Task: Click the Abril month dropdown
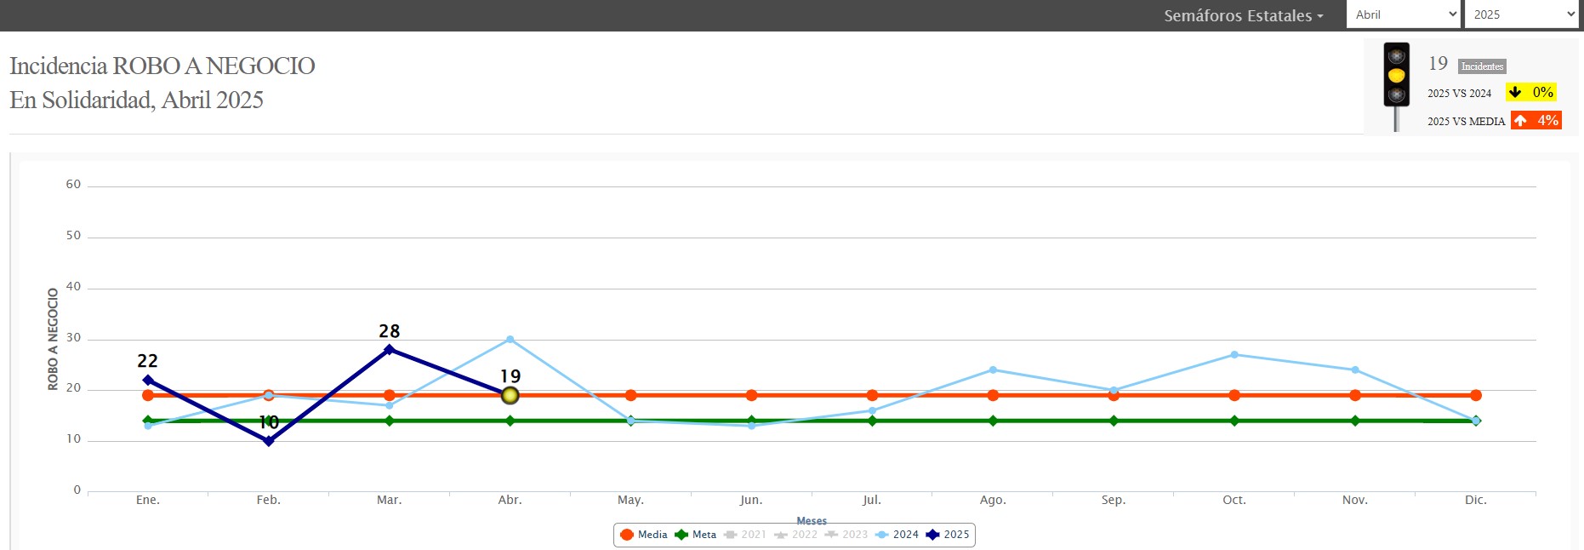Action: pos(1402,14)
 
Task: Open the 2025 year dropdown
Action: pos(1521,14)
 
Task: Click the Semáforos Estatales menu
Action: pos(1243,15)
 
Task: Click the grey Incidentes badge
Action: pos(1482,66)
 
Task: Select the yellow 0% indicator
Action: pos(1531,92)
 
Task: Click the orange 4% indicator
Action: pos(1536,120)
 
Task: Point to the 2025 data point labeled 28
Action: pos(390,349)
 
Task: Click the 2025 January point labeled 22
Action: pos(148,380)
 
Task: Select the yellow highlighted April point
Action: pos(510,395)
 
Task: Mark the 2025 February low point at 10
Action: pos(269,441)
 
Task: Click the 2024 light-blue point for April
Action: pos(510,339)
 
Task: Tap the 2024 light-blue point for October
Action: pos(1234,354)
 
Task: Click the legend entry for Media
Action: pos(644,535)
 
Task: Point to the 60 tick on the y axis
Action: pos(74,185)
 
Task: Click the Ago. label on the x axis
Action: pos(993,500)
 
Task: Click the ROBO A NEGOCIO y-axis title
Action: pos(53,339)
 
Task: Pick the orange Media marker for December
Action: pos(1476,395)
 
